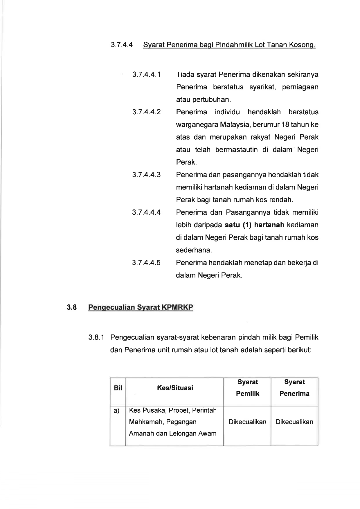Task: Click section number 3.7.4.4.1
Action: point(146,75)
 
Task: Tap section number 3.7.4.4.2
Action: point(146,112)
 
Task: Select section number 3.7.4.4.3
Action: point(146,175)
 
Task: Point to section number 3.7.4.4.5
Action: point(146,263)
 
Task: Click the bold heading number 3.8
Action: point(72,307)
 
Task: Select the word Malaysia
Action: point(235,125)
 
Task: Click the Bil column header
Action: point(118,388)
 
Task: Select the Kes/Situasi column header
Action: point(175,388)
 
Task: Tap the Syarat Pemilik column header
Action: point(248,388)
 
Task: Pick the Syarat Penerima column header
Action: point(294,388)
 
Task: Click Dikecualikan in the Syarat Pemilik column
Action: point(247,422)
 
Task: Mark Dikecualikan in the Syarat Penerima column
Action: point(294,422)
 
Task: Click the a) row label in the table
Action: point(116,410)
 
